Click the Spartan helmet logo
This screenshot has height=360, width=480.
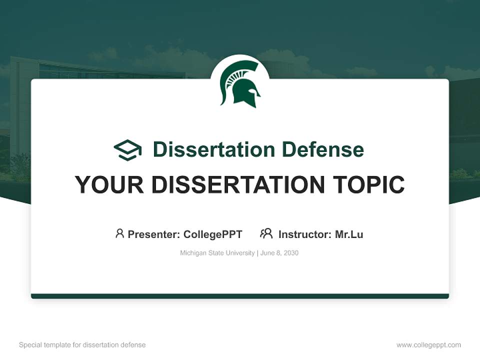(x=240, y=84)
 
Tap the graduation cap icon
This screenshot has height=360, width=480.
(x=127, y=150)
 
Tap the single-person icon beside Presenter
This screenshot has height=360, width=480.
(x=119, y=233)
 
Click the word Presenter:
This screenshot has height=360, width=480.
(x=153, y=234)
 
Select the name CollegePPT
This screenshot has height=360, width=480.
(x=213, y=234)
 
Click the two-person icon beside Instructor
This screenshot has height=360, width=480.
(x=266, y=233)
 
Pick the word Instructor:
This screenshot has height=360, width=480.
(x=304, y=234)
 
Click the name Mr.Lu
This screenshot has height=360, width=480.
(x=349, y=234)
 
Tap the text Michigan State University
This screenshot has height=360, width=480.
(x=217, y=253)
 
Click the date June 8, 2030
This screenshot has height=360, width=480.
(x=279, y=253)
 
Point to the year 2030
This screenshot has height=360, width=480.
(x=291, y=253)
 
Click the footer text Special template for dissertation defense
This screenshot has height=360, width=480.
(x=82, y=345)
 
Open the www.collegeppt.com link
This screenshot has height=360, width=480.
(x=428, y=345)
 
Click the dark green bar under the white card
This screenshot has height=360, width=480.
(x=240, y=296)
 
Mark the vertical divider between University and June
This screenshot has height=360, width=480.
(x=257, y=253)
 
